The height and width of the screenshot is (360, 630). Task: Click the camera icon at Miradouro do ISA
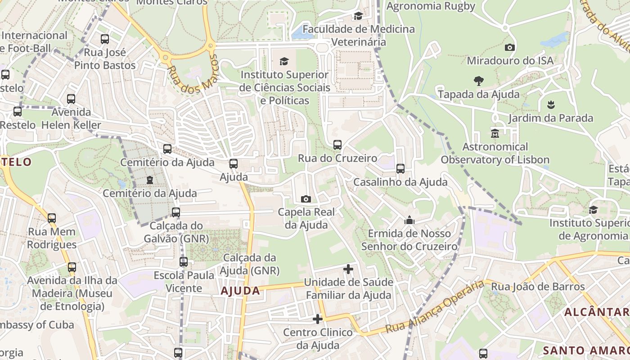click(x=510, y=47)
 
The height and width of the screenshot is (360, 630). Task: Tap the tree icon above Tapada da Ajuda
click(x=479, y=81)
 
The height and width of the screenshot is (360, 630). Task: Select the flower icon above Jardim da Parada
click(x=551, y=105)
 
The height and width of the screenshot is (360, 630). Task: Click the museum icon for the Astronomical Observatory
click(x=495, y=134)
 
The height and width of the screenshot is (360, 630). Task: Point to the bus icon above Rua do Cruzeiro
click(x=337, y=145)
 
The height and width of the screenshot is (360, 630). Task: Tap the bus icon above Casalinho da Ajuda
click(x=400, y=169)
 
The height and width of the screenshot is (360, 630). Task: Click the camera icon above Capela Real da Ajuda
click(x=306, y=199)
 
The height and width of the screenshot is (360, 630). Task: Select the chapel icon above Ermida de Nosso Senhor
click(x=409, y=220)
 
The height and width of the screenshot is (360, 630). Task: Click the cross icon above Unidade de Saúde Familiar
click(x=348, y=269)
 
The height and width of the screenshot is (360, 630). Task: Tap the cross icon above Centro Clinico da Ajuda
click(x=318, y=319)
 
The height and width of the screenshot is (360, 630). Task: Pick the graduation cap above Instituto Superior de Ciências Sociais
click(x=284, y=61)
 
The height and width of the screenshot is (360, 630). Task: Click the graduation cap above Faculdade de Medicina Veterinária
click(x=358, y=16)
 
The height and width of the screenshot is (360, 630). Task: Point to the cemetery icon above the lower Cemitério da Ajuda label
click(x=150, y=180)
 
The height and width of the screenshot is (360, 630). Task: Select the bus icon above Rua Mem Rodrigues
click(x=52, y=218)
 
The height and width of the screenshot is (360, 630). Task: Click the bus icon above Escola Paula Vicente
click(x=184, y=261)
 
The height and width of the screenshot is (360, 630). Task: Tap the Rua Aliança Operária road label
click(x=436, y=307)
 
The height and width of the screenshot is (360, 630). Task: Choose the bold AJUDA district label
click(x=240, y=291)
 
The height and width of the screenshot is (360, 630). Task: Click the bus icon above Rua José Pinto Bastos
click(x=105, y=39)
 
